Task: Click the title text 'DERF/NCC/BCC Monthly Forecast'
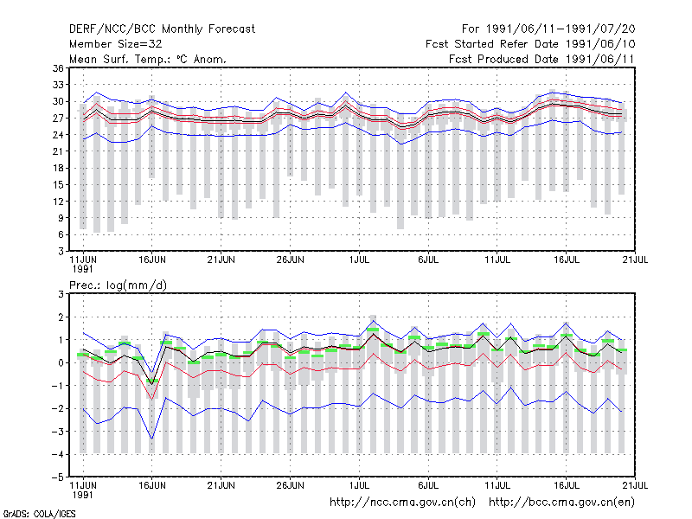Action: pyautogui.click(x=162, y=29)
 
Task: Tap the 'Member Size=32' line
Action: pyautogui.click(x=116, y=44)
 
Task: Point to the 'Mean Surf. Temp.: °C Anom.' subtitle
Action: pyautogui.click(x=148, y=59)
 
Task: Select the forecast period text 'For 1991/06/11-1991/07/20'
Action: pyautogui.click(x=548, y=29)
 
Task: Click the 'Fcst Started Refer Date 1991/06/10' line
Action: pyautogui.click(x=530, y=44)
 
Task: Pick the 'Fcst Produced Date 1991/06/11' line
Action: pyautogui.click(x=541, y=59)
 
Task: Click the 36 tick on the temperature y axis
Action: pyautogui.click(x=58, y=68)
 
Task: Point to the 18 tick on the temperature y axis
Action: pyautogui.click(x=58, y=168)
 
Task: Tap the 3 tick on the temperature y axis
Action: pyautogui.click(x=61, y=251)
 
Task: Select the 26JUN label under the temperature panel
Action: pyautogui.click(x=291, y=259)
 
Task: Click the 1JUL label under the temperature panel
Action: pyautogui.click(x=359, y=259)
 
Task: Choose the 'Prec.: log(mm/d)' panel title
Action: pyautogui.click(x=118, y=285)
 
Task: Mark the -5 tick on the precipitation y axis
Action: pyautogui.click(x=58, y=477)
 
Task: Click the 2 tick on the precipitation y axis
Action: pyautogui.click(x=61, y=317)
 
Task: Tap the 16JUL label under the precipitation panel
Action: pyautogui.click(x=567, y=485)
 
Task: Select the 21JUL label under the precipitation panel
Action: pyautogui.click(x=636, y=485)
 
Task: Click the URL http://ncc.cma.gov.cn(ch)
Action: pyautogui.click(x=402, y=503)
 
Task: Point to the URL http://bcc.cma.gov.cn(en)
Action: pyautogui.click(x=561, y=503)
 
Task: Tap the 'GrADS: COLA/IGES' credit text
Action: pyautogui.click(x=39, y=514)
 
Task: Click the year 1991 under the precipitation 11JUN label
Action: pyautogui.click(x=82, y=495)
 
